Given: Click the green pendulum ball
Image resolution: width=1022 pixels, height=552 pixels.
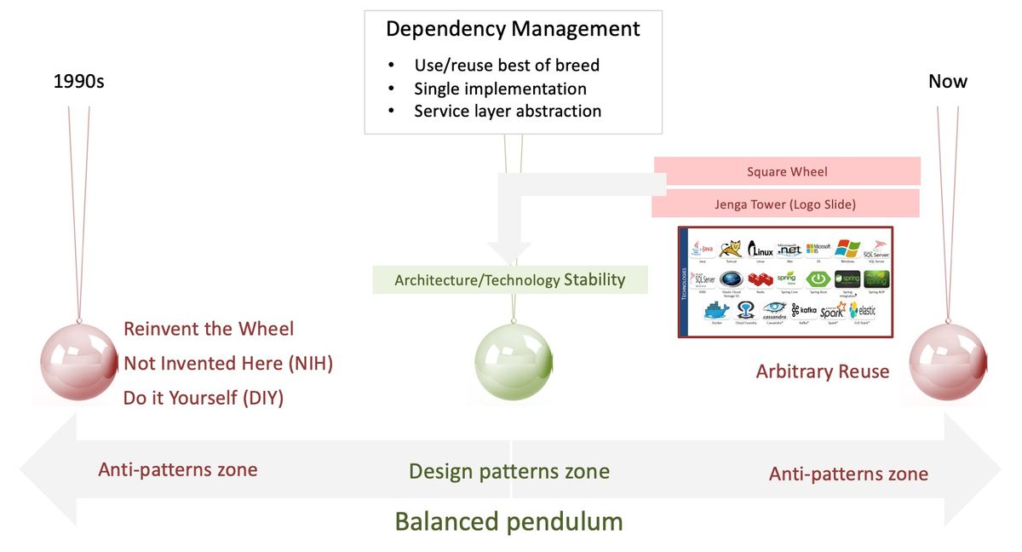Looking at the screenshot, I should click(x=513, y=361).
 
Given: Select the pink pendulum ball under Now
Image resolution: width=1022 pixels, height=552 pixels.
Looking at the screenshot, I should click(x=948, y=361).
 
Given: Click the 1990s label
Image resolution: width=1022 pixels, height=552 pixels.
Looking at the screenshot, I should click(x=78, y=83).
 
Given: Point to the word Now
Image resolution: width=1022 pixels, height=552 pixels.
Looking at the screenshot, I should click(x=948, y=82).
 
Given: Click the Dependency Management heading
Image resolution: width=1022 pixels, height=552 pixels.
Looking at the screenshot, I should click(x=513, y=29).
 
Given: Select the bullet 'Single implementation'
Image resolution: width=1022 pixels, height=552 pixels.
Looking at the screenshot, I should click(x=500, y=89).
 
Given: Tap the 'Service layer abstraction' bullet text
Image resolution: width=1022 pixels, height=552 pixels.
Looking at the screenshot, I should click(x=508, y=111).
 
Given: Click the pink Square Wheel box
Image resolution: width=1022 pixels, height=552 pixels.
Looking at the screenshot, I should click(x=786, y=171).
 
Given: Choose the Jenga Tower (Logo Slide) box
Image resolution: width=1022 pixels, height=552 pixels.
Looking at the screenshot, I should click(x=785, y=204).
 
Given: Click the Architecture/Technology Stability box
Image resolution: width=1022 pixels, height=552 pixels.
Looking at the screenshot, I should click(x=509, y=279).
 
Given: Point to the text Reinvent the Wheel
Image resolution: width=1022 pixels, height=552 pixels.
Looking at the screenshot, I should click(x=209, y=329).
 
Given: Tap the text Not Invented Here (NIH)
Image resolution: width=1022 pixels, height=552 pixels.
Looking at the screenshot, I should click(x=228, y=364).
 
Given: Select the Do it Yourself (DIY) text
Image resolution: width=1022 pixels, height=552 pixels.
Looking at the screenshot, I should click(x=204, y=398).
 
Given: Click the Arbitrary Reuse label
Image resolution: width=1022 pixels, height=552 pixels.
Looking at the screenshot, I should click(x=822, y=371).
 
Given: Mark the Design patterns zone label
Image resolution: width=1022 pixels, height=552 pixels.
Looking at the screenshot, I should click(x=509, y=471).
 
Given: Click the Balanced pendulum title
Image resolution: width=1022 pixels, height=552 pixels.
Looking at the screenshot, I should click(x=509, y=520).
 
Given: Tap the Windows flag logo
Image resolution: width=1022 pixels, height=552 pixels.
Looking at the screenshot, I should click(x=847, y=248).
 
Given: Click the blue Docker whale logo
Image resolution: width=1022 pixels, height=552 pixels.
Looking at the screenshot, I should click(x=716, y=310).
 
